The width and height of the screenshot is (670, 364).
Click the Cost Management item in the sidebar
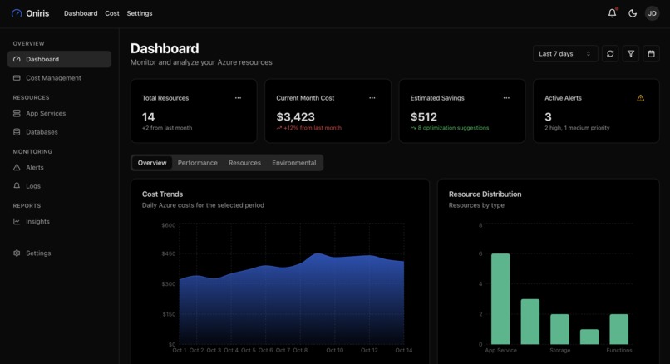(x=53, y=78)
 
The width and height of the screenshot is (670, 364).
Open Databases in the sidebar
(x=42, y=132)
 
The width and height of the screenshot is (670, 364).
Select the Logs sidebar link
(x=33, y=186)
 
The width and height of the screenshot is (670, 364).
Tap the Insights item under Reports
(x=37, y=222)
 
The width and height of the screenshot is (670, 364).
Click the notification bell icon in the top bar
(x=613, y=13)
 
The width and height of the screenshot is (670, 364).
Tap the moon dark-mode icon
(x=633, y=13)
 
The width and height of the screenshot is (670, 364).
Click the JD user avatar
(x=652, y=13)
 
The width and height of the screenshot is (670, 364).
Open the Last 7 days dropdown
(x=565, y=54)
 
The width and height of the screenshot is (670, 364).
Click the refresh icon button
(x=610, y=54)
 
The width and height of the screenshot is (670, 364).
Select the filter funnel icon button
(x=631, y=54)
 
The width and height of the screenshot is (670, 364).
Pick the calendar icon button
(x=652, y=54)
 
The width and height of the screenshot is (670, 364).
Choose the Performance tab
(x=198, y=163)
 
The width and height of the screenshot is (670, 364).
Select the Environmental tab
(x=294, y=163)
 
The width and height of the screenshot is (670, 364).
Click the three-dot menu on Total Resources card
(x=238, y=98)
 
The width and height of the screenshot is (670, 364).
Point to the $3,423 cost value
(x=295, y=117)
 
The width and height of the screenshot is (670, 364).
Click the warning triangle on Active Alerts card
(x=640, y=98)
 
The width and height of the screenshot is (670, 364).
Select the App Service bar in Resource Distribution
(x=500, y=298)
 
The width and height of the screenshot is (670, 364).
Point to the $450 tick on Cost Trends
(x=169, y=254)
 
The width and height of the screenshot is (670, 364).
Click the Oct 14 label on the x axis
(x=404, y=351)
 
